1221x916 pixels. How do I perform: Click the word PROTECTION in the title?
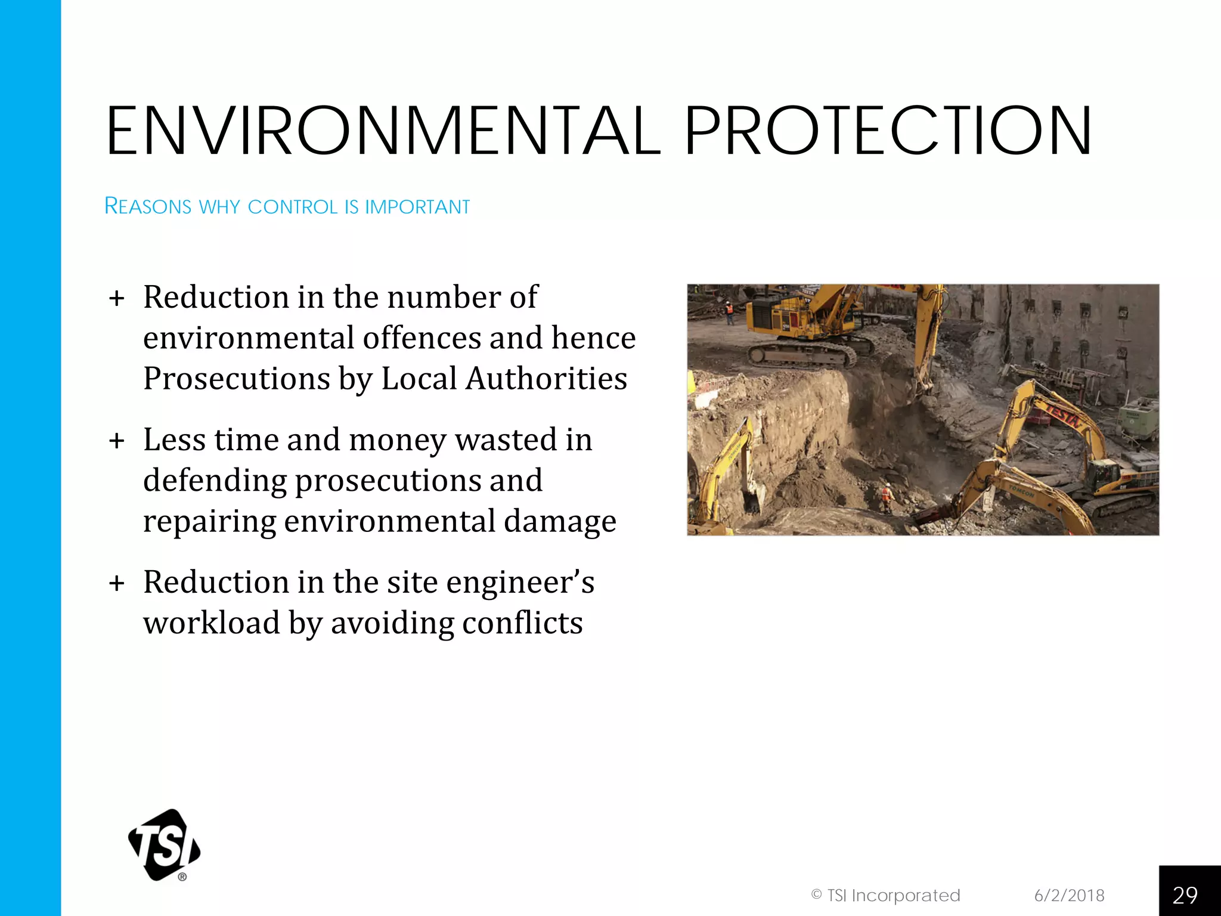coord(888,131)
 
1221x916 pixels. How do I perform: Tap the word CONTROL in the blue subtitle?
coord(293,207)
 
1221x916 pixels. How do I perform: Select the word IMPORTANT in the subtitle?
coord(417,207)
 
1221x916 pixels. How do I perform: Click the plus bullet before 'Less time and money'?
coord(117,441)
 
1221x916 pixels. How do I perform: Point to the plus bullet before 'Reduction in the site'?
coord(117,583)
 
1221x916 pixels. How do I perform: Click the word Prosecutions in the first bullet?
coord(237,379)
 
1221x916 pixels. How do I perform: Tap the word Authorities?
coord(547,379)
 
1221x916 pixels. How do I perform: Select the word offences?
coord(422,338)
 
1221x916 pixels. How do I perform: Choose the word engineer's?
coord(520,583)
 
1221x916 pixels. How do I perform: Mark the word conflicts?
coord(522,623)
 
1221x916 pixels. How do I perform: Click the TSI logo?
coord(165,844)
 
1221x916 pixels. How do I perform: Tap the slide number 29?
coord(1185,895)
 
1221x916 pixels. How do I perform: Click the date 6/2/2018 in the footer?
coord(1069,895)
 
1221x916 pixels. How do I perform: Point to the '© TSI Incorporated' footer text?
coord(885,895)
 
